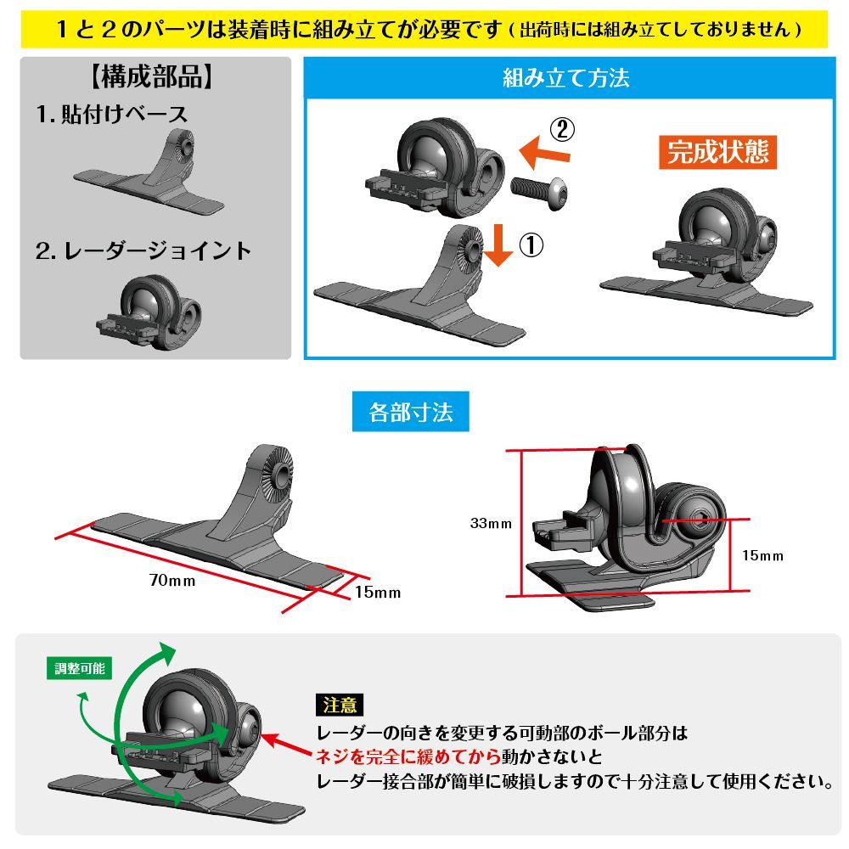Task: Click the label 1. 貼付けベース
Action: [112, 114]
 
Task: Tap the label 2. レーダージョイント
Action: [143, 250]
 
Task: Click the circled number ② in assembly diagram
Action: [562, 129]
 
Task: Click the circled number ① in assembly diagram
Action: [531, 245]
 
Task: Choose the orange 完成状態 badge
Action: [718, 151]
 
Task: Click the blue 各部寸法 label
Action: [411, 413]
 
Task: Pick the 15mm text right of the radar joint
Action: [761, 555]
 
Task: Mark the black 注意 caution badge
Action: [340, 705]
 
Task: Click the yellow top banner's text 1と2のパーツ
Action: [144, 28]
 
